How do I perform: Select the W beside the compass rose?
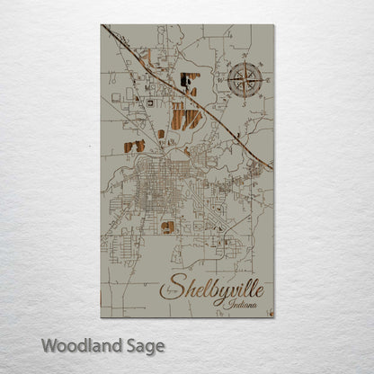(x=221, y=81)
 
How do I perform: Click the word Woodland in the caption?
(x=79, y=344)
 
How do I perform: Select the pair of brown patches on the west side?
(x=134, y=146)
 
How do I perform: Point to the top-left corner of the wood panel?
(x=102, y=24)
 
